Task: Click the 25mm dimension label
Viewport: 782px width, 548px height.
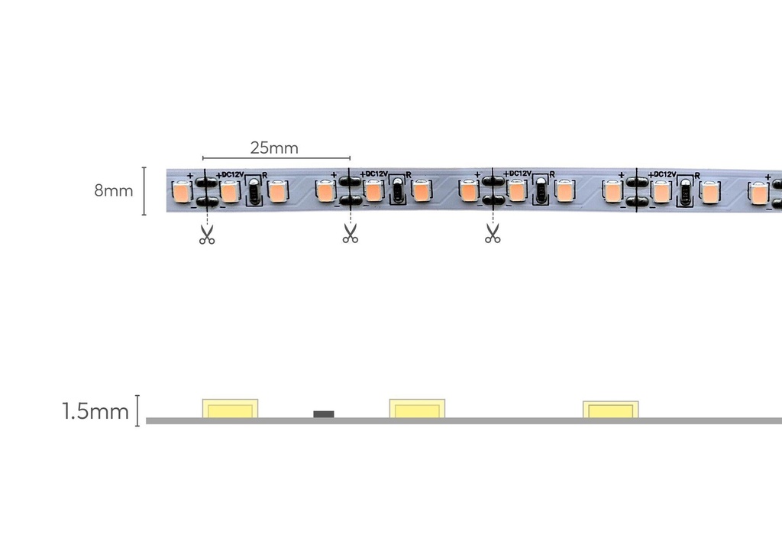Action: tap(274, 148)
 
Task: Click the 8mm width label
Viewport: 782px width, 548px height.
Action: tap(114, 190)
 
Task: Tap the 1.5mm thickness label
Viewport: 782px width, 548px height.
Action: tap(95, 412)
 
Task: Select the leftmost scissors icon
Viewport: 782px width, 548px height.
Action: tap(207, 235)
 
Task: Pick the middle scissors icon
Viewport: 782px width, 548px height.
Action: tap(350, 234)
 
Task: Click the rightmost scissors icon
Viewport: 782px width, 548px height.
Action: tap(493, 233)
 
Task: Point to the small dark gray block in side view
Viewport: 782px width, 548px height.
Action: tap(324, 414)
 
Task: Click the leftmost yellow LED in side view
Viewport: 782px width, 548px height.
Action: tap(230, 409)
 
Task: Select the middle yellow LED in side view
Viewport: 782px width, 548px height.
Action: tap(417, 409)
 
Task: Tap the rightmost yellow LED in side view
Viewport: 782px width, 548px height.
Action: tap(611, 410)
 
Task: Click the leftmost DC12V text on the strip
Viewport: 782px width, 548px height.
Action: tap(232, 175)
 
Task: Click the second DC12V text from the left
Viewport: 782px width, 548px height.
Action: tap(376, 173)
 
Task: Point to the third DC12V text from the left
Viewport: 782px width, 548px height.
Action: tap(520, 173)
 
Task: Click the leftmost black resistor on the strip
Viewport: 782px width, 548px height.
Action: tap(254, 191)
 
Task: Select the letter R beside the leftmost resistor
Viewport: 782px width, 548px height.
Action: tap(265, 175)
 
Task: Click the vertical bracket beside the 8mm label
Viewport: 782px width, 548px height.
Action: tap(144, 191)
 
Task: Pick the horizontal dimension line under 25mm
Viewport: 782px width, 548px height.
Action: tap(276, 157)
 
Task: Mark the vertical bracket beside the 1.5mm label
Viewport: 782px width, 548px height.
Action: tap(137, 410)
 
